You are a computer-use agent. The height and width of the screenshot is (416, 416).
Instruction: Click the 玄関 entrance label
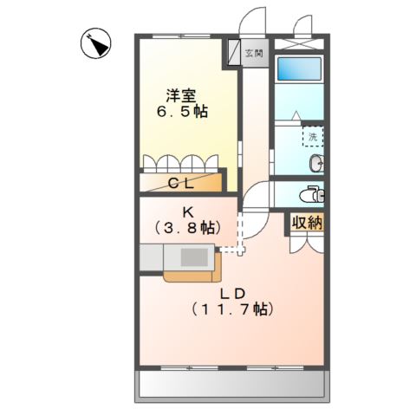pyautogui.click(x=255, y=54)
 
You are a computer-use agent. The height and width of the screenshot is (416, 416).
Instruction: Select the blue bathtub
pyautogui.click(x=299, y=70)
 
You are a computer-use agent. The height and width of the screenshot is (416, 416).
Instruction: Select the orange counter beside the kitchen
pyautogui.click(x=191, y=276)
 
